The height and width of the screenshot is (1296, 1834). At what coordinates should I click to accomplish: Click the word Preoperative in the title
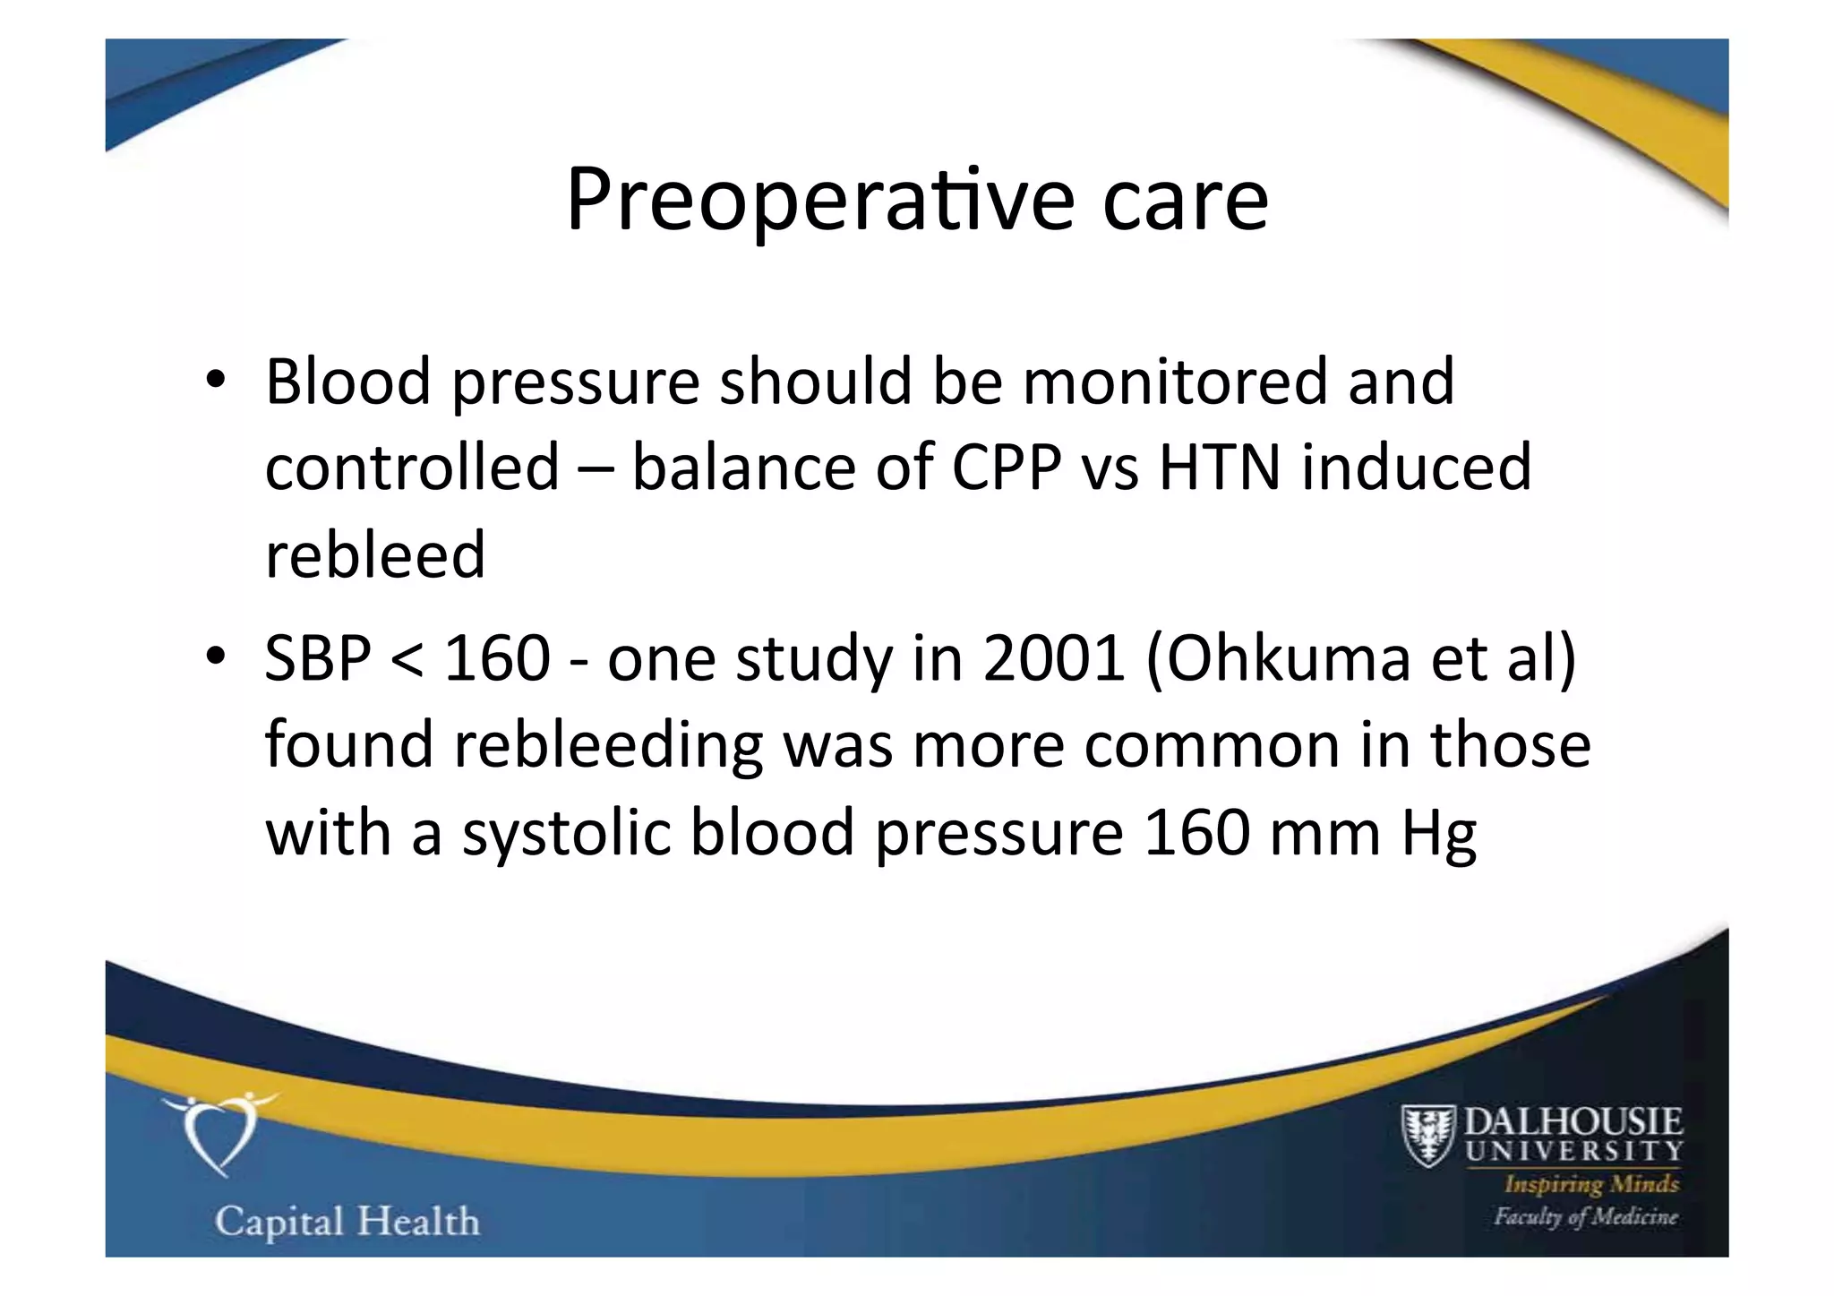819,201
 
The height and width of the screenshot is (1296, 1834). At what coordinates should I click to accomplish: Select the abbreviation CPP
1006,468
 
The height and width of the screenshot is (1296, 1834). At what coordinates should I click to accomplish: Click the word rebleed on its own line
375,554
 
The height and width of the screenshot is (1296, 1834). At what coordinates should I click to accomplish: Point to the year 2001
1053,658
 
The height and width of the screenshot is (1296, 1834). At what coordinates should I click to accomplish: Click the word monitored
1175,382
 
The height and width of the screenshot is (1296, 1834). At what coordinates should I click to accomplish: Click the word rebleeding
608,746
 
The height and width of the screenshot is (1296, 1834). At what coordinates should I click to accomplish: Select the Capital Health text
347,1222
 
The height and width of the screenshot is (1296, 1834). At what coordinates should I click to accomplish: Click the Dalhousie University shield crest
1428,1135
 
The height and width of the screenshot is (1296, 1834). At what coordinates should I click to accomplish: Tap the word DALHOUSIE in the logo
1573,1120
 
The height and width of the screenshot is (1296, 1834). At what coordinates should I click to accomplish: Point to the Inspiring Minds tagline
1591,1184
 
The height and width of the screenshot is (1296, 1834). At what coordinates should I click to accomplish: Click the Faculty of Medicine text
1585,1216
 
